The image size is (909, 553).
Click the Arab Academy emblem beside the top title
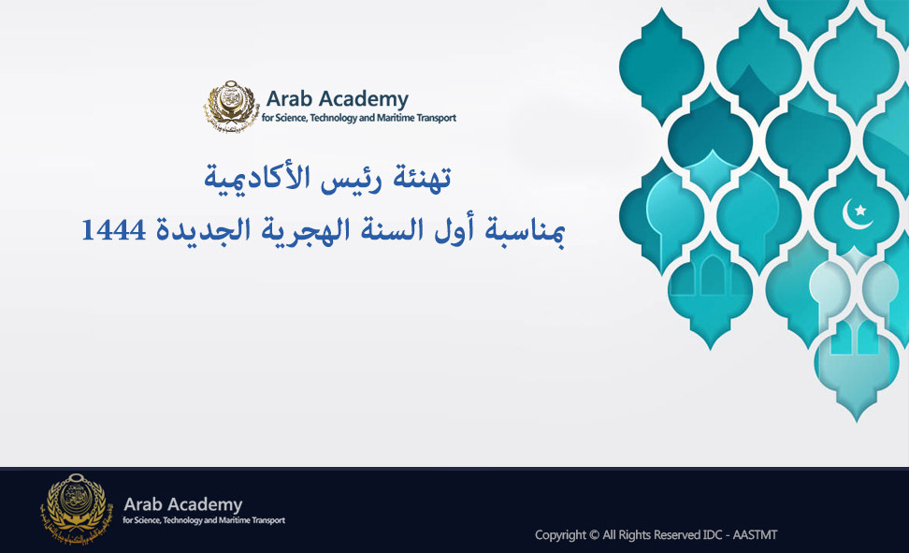pyautogui.click(x=231, y=106)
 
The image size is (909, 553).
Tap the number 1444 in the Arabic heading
pyautogui.click(x=114, y=230)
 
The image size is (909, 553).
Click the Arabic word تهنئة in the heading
pyautogui.click(x=421, y=177)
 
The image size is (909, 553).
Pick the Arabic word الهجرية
pyautogui.click(x=306, y=231)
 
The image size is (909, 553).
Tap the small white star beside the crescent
pyautogui.click(x=861, y=210)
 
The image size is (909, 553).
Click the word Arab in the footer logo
pyautogui.click(x=142, y=503)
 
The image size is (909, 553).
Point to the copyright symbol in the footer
pyautogui.click(x=594, y=534)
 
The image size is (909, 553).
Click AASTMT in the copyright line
pyautogui.click(x=755, y=534)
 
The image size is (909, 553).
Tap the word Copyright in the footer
pyautogui.click(x=560, y=535)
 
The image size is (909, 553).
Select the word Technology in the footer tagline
pyautogui.click(x=182, y=520)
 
